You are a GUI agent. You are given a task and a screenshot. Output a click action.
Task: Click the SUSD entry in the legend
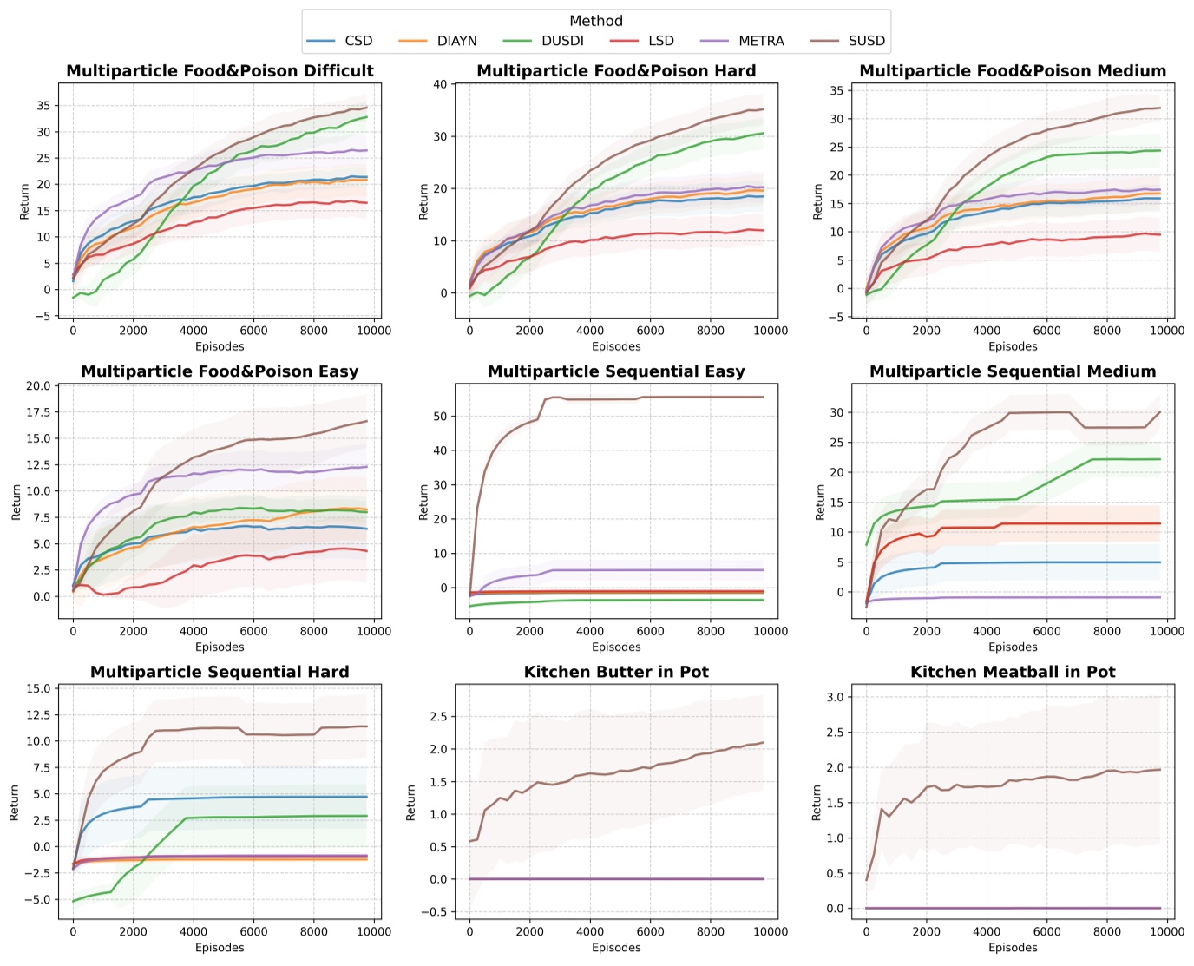coord(866,41)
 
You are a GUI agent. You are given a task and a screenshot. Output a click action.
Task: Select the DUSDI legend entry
coord(562,41)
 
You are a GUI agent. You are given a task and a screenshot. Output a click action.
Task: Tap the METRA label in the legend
coord(761,41)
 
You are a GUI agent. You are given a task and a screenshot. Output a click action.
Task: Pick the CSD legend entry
coord(358,41)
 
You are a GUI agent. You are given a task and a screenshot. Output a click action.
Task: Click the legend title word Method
coord(596,21)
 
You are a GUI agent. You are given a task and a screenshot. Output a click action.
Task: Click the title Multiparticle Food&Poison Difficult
coord(220,71)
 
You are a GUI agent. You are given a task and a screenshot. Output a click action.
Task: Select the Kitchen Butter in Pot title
coord(616,672)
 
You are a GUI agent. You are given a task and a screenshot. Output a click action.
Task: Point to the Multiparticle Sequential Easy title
coord(616,371)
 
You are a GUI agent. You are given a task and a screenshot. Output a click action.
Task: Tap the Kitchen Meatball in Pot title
coord(1013,672)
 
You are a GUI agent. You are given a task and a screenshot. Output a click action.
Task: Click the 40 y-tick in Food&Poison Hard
coord(440,84)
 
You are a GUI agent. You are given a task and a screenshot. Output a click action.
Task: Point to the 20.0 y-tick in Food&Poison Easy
coord(38,385)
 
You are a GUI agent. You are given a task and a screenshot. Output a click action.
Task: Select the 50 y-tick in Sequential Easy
coord(440,417)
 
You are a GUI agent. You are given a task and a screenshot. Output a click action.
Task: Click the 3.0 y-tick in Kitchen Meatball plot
coord(834,697)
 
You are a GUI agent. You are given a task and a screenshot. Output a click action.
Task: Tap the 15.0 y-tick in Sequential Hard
coord(38,689)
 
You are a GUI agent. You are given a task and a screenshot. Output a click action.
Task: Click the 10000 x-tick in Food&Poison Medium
coord(1167,330)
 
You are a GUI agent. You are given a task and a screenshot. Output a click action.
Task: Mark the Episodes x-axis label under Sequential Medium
coord(1013,647)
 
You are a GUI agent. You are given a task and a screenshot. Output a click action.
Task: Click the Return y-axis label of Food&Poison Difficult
coord(24,200)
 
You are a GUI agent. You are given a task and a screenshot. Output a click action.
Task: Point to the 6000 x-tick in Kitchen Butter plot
coord(650,931)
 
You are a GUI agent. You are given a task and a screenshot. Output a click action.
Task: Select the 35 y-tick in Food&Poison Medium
coord(836,90)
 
